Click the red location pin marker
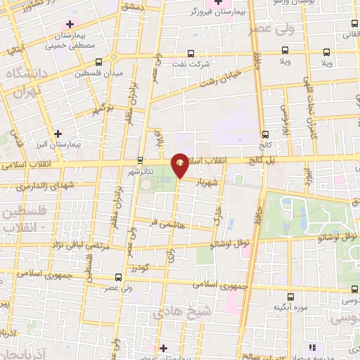181,165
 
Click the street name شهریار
214,181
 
